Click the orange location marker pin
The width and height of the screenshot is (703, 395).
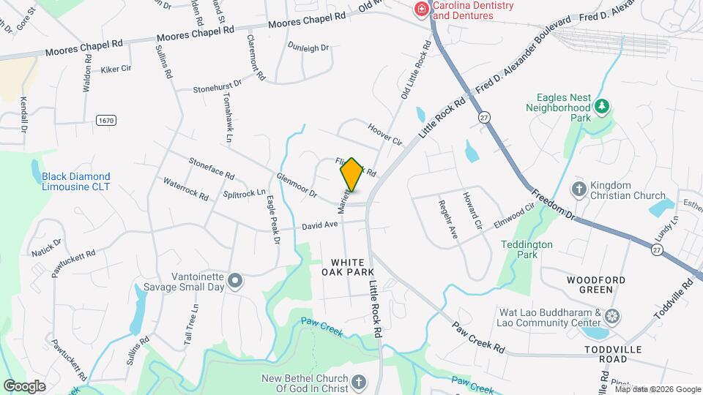pos(351,175)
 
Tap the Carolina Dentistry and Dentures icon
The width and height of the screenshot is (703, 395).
pos(421,10)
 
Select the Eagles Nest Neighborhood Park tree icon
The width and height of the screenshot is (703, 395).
pos(601,107)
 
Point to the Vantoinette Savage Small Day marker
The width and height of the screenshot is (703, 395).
pos(235,280)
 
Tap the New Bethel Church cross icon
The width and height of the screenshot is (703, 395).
pos(359,382)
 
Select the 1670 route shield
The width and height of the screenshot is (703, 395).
pos(105,118)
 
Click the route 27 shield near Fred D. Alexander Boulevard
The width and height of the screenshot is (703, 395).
pos(483,116)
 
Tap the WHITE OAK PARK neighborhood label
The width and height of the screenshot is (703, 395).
pos(346,267)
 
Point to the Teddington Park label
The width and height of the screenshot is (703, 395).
pos(527,249)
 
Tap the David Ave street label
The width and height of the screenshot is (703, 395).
pos(319,227)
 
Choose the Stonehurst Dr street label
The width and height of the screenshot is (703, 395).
pos(217,87)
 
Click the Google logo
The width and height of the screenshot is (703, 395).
pos(24,385)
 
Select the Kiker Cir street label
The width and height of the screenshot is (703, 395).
pos(116,69)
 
